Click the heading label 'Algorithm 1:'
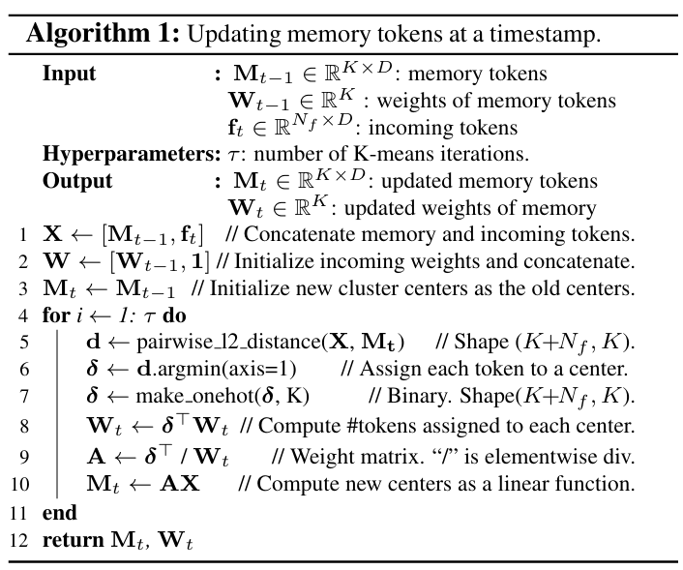pos(103,34)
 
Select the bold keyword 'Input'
pos(69,75)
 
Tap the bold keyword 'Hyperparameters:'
pos(132,154)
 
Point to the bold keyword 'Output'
pos(77,181)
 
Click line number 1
pos(23,235)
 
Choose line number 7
pos(23,397)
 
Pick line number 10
pos(19,484)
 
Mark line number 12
pos(18,540)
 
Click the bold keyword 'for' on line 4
pos(56,315)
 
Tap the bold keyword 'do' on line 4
pos(174,315)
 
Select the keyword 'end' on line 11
pos(60,513)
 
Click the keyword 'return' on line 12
pos(74,540)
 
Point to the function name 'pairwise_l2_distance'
pos(228,343)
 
